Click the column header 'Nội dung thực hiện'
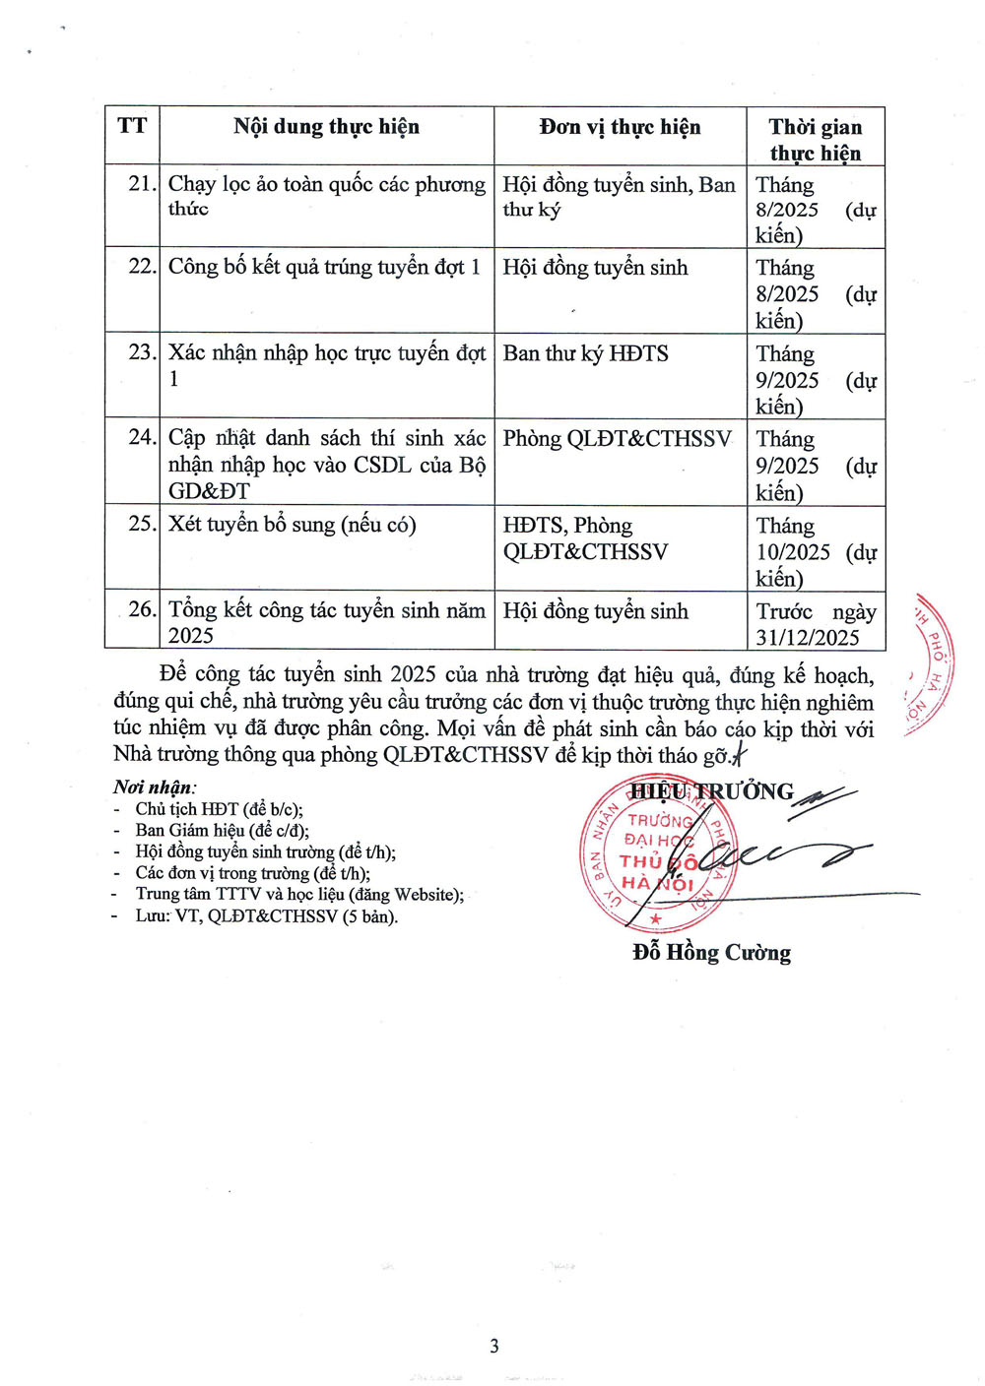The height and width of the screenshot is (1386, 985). (x=326, y=127)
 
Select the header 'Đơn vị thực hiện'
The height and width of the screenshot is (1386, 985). (x=620, y=127)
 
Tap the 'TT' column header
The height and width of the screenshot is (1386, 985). (x=132, y=126)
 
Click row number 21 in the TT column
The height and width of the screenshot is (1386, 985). (x=142, y=184)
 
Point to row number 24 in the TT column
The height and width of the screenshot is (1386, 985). (x=142, y=437)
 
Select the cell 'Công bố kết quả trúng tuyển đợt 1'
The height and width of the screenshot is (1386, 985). (x=324, y=267)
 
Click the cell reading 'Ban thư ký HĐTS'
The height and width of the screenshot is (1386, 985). (x=585, y=353)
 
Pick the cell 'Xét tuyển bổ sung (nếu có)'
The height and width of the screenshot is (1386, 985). (x=292, y=524)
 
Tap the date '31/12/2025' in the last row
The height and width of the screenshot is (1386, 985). (x=808, y=637)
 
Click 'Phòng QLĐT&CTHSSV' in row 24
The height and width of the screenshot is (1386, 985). (x=617, y=439)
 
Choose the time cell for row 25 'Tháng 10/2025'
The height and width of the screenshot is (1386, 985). (x=814, y=551)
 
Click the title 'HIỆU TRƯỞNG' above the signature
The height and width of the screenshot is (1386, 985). (x=711, y=791)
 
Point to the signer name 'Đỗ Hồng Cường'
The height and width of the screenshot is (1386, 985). (x=711, y=952)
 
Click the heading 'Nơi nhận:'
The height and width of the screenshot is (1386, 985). (x=155, y=787)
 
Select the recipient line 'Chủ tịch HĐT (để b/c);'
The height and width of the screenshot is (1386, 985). (x=219, y=809)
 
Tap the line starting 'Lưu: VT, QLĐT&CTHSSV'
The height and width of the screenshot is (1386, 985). (x=266, y=916)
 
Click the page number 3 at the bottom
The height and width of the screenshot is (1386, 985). (x=493, y=1346)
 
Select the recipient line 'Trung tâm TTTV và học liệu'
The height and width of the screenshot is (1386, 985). (x=299, y=895)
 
